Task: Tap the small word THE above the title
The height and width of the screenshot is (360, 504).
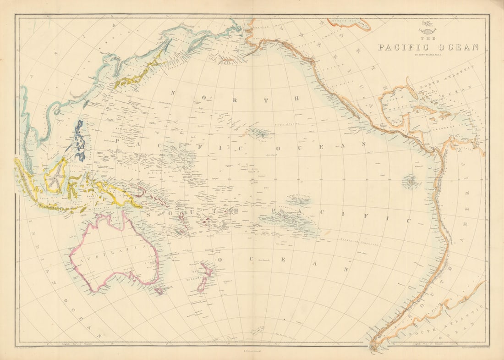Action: point(428,39)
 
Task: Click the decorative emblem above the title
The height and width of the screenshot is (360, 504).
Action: point(428,30)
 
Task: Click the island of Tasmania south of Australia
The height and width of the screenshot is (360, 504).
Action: point(159,290)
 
